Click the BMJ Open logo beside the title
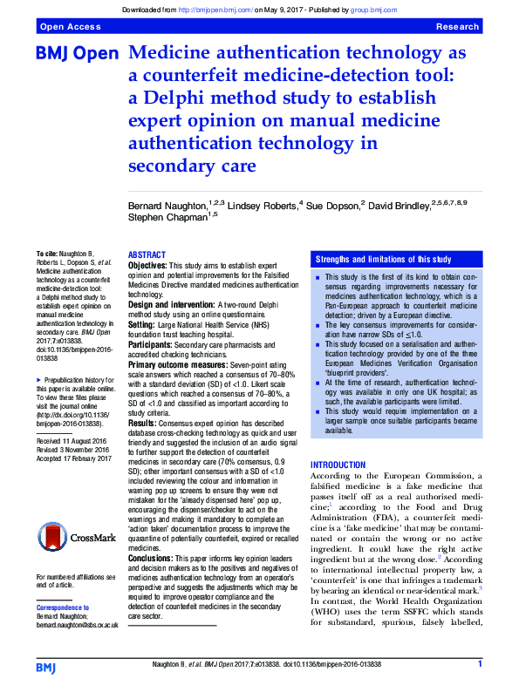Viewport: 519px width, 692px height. click(77, 54)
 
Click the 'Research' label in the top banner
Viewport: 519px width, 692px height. click(457, 28)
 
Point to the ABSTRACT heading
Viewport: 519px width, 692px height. click(147, 255)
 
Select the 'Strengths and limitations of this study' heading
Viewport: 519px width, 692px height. click(383, 260)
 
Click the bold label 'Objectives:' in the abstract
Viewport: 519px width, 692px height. click(148, 264)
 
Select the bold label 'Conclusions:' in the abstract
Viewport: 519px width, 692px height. click(153, 557)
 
